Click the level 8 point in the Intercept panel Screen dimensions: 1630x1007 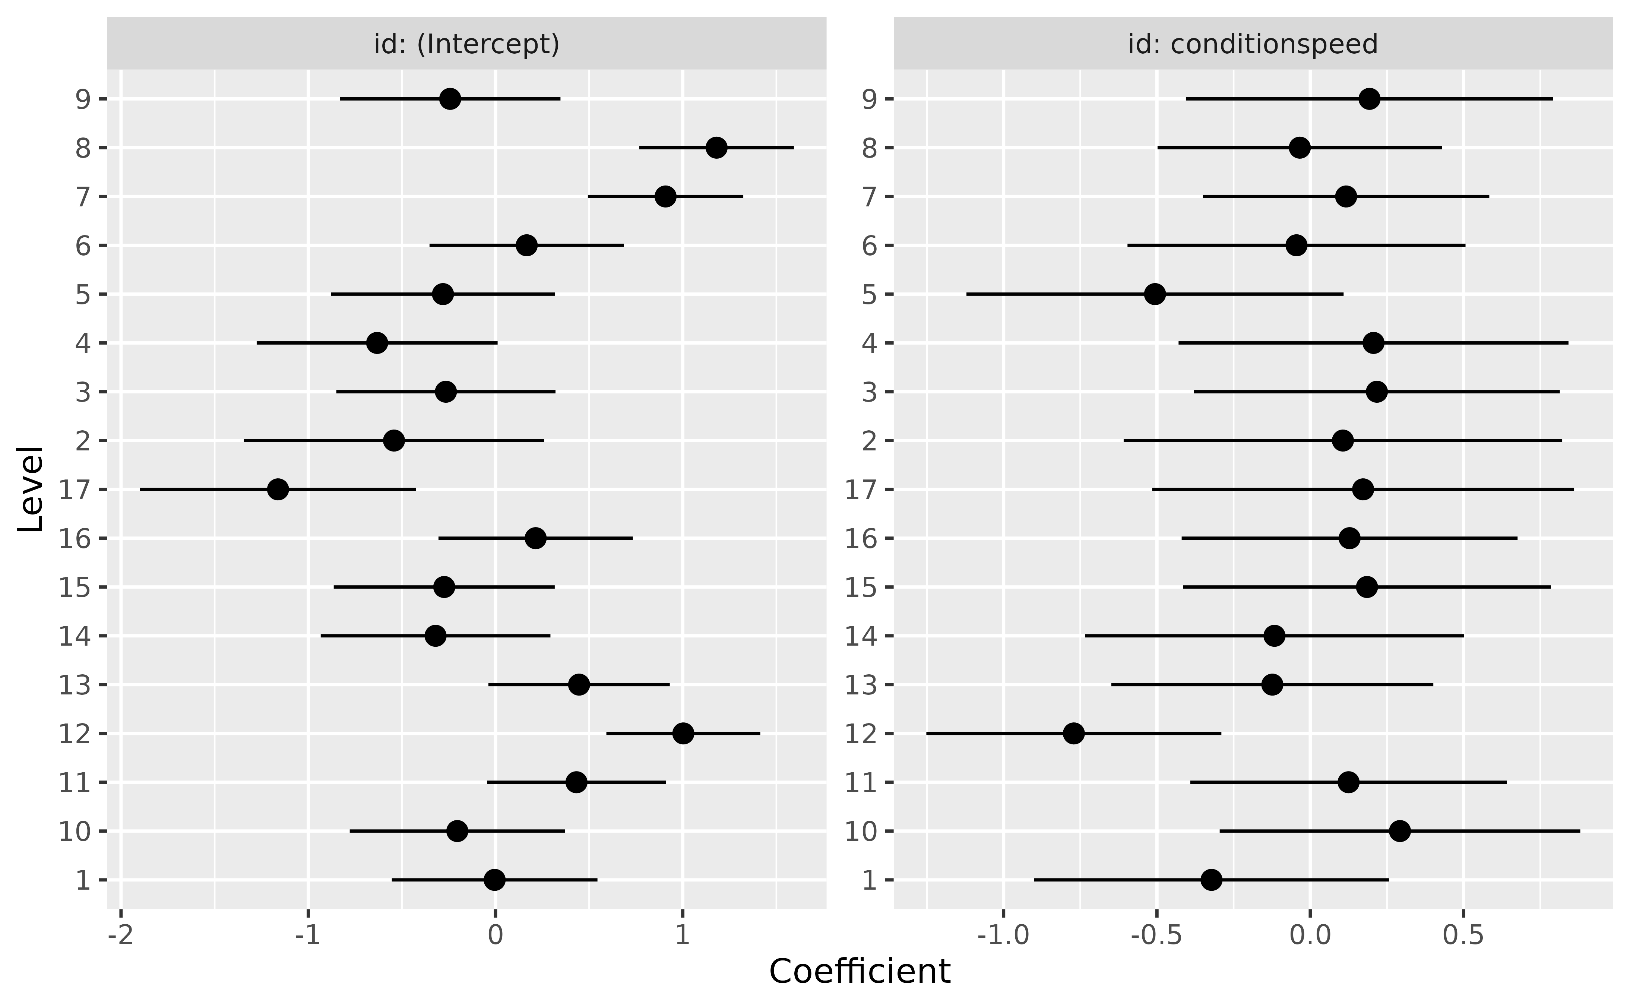[716, 148]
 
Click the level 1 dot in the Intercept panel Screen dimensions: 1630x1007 [494, 880]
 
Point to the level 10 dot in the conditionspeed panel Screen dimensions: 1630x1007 [1400, 831]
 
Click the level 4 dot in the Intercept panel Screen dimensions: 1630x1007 [377, 343]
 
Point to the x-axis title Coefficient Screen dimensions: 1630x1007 [860, 972]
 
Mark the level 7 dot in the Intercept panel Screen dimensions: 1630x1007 [665, 196]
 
